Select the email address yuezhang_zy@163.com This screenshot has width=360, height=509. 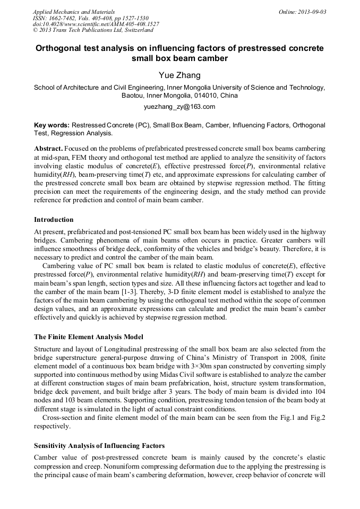coord(179,107)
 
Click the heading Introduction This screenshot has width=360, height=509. coord(54,219)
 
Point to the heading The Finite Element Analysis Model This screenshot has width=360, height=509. coord(89,337)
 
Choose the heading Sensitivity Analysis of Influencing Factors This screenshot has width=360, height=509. coord(99,446)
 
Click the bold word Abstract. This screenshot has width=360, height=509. coord(48,148)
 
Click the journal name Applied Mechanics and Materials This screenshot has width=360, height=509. coord(74,12)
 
